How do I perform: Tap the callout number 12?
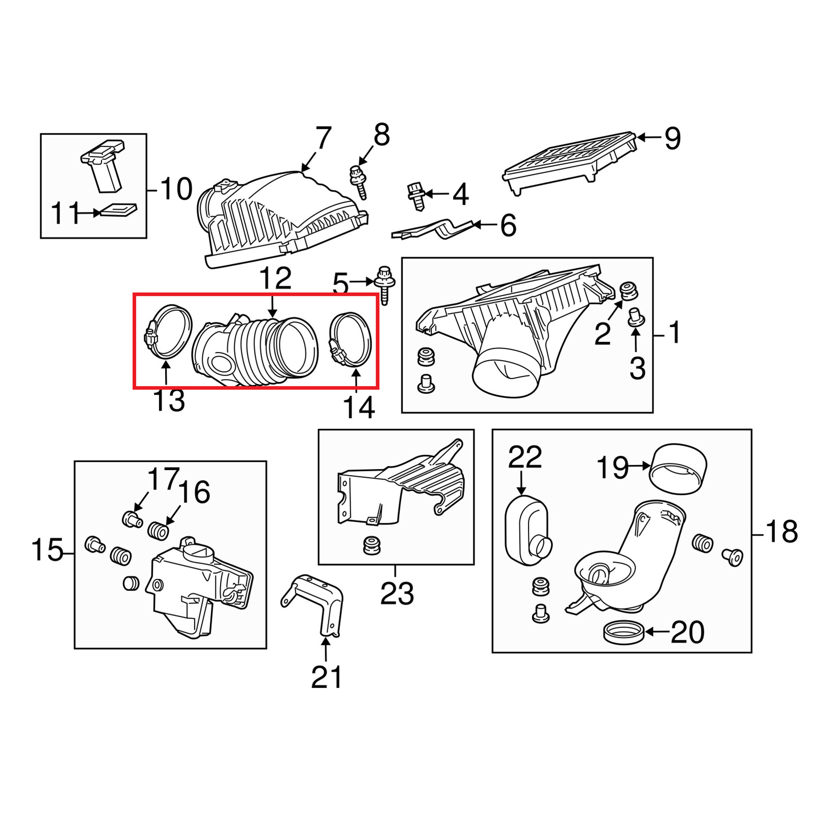coord(275,278)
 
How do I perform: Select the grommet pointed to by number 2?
coord(630,292)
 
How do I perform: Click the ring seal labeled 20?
coord(623,633)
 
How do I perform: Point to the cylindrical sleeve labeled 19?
coord(678,468)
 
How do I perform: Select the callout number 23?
coord(397,593)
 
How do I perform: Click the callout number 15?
coord(47,550)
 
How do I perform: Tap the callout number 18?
coord(781,532)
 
